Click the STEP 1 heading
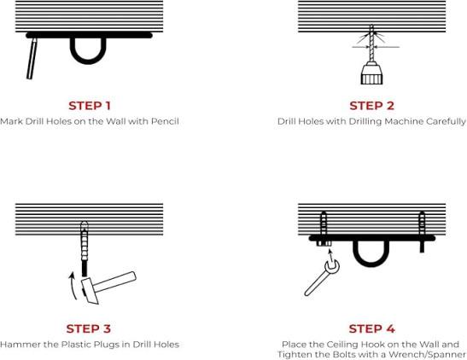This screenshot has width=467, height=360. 90,106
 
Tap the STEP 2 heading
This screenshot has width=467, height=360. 371,106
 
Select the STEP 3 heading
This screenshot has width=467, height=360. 89,328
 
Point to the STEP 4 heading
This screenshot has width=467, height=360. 371,328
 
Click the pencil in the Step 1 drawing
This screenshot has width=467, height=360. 32,58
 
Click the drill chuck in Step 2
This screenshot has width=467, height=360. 371,73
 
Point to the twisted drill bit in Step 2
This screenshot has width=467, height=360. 371,44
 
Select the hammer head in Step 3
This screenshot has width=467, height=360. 90,291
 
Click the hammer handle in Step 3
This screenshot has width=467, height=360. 114,282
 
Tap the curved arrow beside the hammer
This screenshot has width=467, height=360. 72,286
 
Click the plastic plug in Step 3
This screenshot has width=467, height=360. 85,241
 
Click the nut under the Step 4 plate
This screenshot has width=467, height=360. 324,243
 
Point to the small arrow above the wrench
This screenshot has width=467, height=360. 330,256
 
